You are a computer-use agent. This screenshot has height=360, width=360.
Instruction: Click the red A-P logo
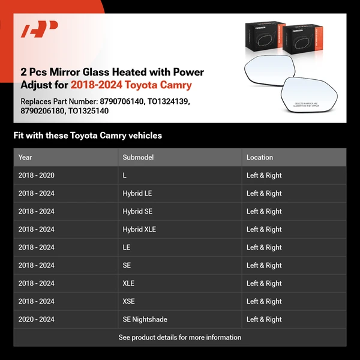(40, 29)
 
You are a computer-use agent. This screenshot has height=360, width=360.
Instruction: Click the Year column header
(25, 157)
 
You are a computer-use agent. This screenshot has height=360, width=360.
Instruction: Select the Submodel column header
(138, 157)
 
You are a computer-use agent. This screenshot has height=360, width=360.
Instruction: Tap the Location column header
(260, 157)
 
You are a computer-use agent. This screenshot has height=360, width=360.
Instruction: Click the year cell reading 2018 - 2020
(36, 175)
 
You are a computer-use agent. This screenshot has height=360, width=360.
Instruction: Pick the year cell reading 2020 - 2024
(36, 319)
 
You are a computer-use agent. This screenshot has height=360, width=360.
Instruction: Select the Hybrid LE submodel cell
(137, 193)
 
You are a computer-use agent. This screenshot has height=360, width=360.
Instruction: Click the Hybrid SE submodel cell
(137, 211)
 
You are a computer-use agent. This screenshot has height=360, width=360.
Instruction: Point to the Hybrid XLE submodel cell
(139, 229)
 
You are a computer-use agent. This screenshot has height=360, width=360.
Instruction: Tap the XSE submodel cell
(130, 301)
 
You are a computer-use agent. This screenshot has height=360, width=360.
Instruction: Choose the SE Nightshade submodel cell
(145, 319)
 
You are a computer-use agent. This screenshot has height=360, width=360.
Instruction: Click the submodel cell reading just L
(125, 175)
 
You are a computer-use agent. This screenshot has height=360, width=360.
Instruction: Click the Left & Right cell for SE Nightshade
(264, 319)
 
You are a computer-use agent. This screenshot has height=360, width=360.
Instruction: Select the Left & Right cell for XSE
(264, 301)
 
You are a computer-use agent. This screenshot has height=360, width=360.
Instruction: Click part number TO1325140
(88, 111)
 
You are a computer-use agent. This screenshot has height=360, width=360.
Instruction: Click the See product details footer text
(180, 337)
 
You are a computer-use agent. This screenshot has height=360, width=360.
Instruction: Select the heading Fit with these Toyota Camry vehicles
(88, 136)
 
